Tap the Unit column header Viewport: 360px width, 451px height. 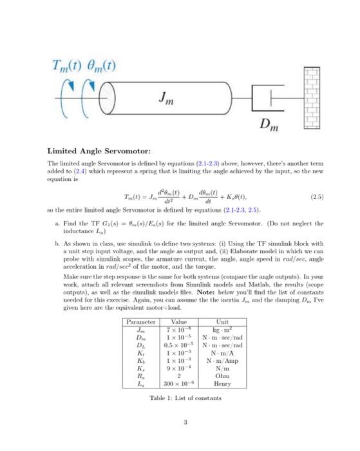click(222, 321)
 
